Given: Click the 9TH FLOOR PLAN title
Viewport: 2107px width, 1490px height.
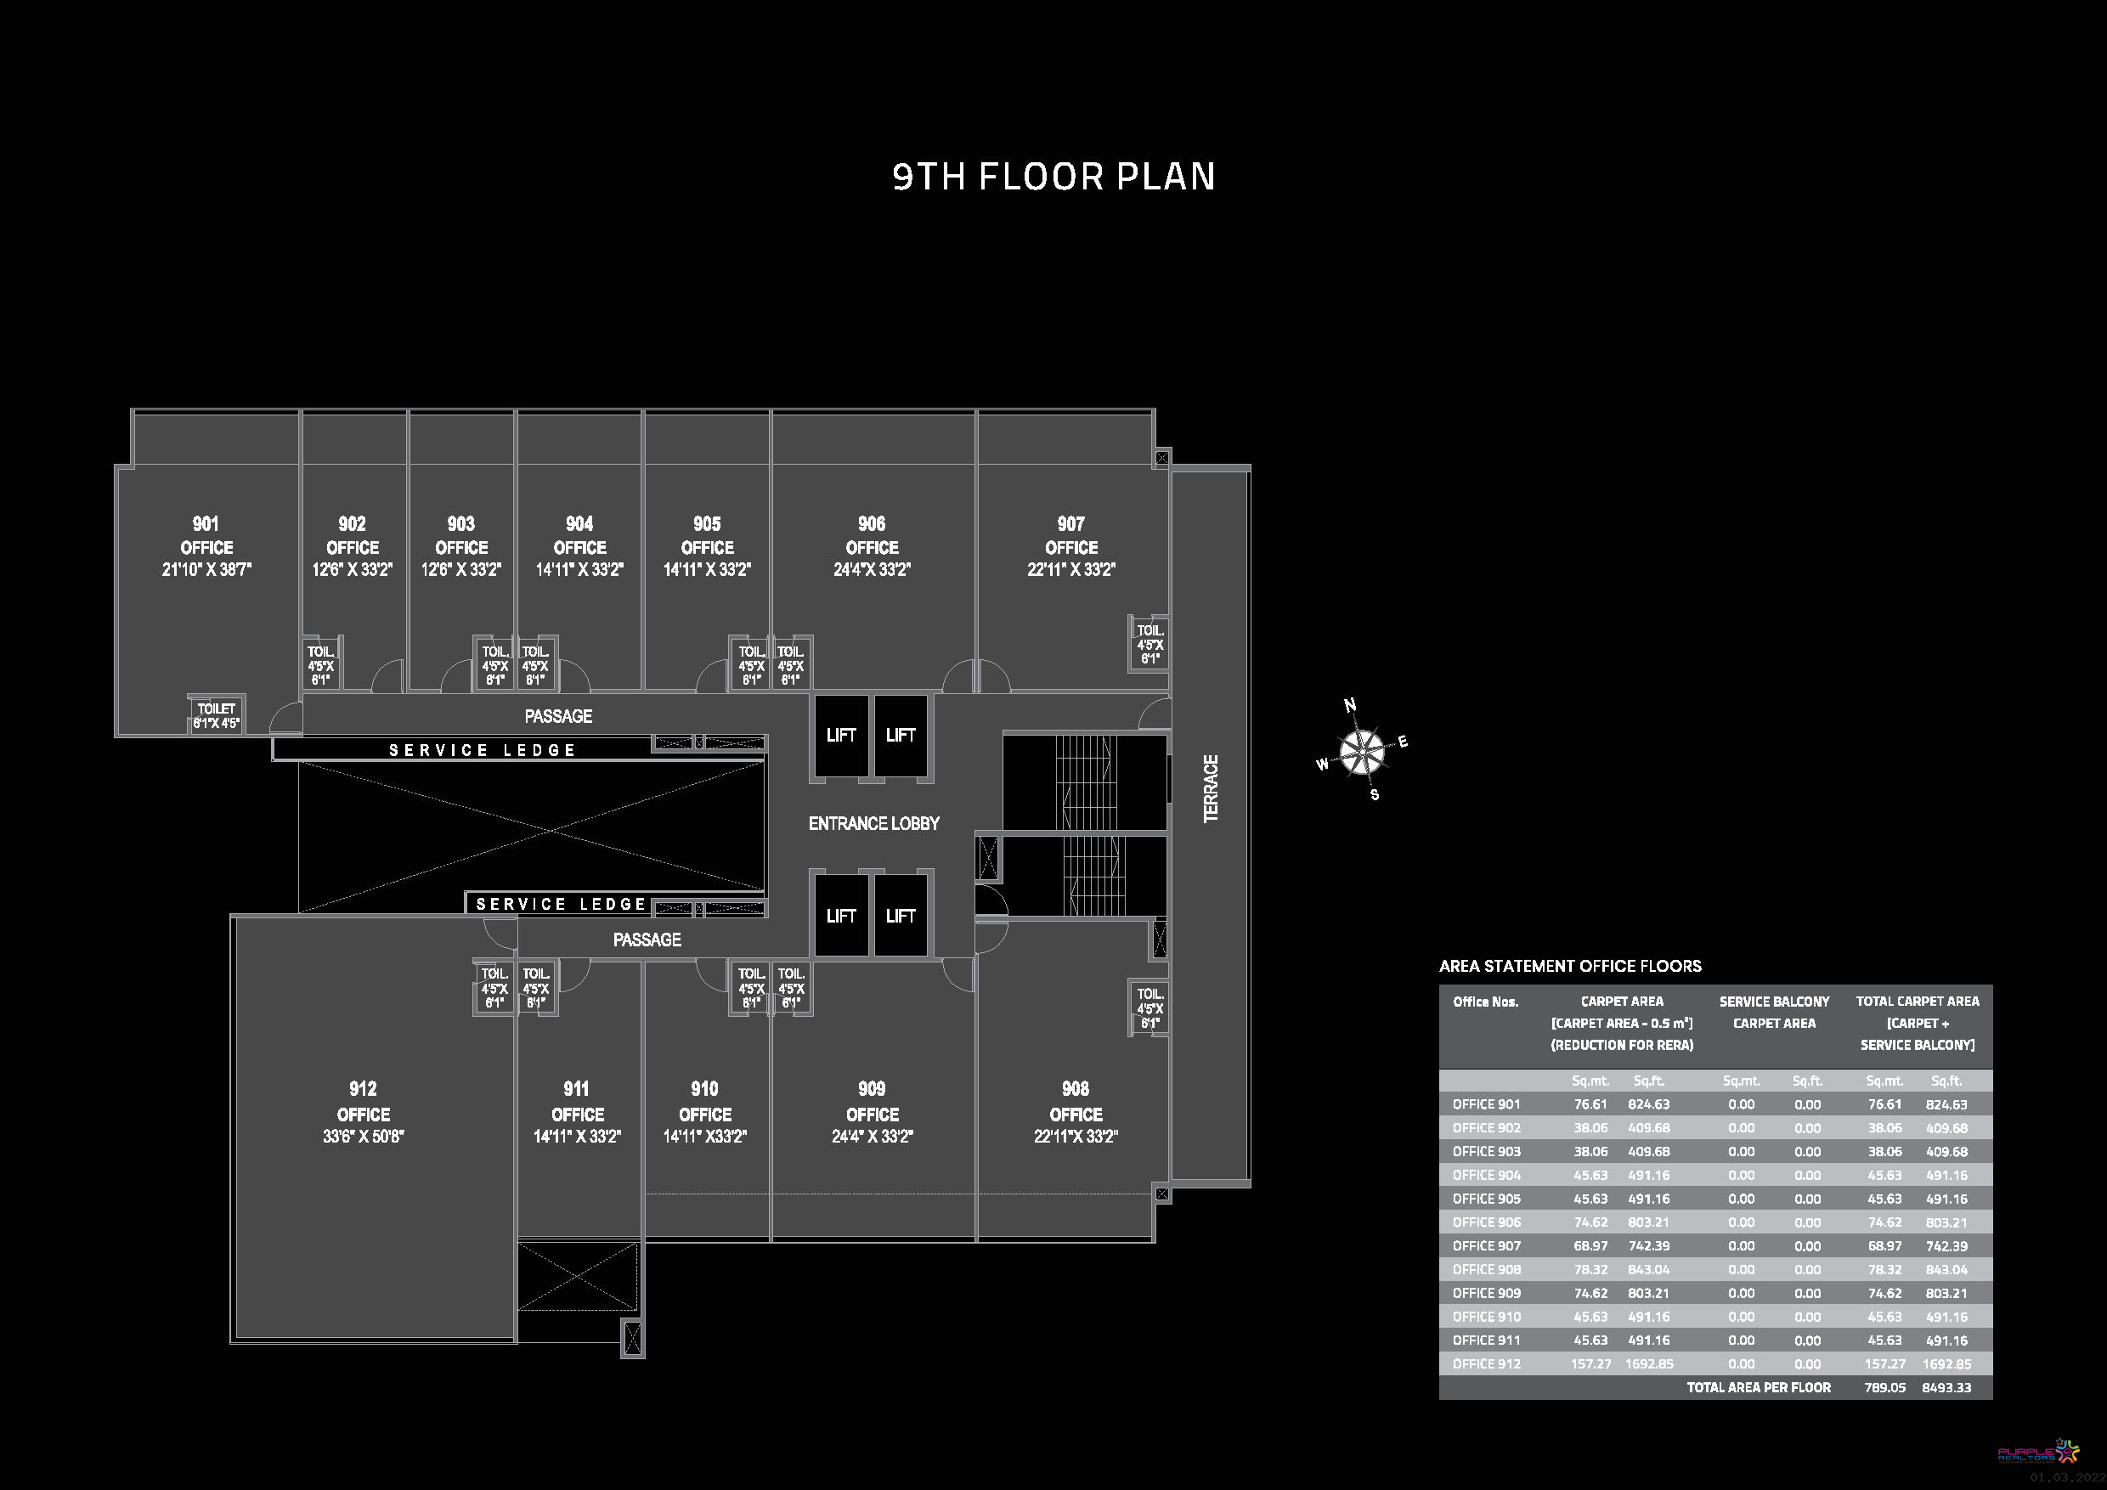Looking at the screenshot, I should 1053,177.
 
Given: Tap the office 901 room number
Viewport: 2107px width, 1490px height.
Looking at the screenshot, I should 206,524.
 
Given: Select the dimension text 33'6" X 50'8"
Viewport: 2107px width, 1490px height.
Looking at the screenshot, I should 364,1136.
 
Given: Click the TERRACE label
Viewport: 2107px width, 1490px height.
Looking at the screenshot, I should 1212,788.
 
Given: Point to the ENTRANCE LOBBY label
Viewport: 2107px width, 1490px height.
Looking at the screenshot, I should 873,824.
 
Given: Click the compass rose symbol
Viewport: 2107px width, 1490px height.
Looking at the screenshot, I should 1362,752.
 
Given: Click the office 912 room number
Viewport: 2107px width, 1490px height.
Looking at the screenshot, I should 363,1089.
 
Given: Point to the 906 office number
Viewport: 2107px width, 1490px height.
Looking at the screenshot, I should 872,524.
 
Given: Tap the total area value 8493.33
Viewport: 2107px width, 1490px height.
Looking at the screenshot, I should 1946,1387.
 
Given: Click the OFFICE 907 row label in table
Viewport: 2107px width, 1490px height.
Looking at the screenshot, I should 1487,1246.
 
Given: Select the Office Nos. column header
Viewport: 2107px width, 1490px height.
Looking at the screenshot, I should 1485,1002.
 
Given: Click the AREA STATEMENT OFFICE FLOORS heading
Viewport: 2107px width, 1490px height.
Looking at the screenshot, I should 1570,966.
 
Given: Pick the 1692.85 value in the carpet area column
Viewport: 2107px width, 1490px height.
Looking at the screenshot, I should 1649,1363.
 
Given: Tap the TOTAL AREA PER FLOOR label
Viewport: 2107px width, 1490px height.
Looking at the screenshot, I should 1759,1387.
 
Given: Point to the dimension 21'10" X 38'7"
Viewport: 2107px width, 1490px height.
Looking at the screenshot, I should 206,570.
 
